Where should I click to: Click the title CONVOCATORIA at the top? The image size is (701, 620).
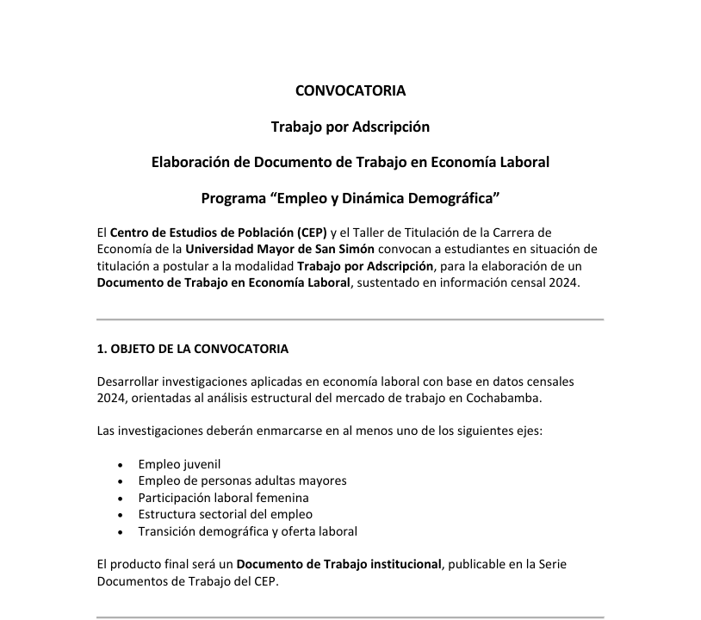tap(350, 90)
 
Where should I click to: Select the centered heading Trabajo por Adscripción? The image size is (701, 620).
tap(350, 127)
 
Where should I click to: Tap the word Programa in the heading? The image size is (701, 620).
tap(233, 199)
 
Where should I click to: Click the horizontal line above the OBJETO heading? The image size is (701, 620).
tap(350, 319)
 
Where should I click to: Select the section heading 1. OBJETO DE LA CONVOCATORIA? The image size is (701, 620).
tap(192, 349)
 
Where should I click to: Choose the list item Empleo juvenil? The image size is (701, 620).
tap(179, 464)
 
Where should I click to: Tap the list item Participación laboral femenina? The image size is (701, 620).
tap(223, 498)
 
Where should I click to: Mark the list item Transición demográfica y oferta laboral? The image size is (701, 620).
tap(247, 531)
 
